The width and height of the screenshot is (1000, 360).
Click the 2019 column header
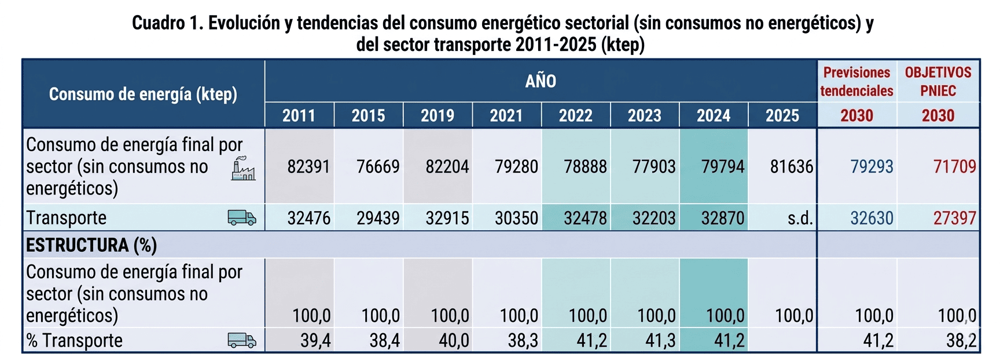coord(437,116)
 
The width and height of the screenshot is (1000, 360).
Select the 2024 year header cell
coord(714,116)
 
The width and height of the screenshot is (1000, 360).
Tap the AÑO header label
coord(541,82)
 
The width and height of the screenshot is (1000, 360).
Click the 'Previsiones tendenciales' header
coord(856,82)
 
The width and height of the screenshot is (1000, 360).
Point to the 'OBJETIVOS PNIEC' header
coord(938,82)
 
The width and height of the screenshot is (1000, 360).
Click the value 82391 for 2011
coord(308,167)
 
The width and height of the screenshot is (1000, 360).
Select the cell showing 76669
coord(378,167)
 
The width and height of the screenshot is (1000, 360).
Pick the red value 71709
coord(955,167)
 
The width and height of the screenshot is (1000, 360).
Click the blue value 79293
coord(872,167)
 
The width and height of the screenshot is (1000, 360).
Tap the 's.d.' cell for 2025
coord(800,218)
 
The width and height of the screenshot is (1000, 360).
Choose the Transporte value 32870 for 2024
coord(723,218)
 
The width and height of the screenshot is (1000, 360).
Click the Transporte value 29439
coord(378,218)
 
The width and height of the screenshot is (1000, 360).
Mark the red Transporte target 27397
coord(955,218)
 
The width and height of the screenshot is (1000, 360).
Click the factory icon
coord(243,168)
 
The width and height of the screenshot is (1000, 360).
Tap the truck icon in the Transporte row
coord(242,218)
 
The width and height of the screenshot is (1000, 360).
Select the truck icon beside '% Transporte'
coord(242,340)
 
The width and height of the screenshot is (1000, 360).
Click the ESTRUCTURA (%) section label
coord(91,245)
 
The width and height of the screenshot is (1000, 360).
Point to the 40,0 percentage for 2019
coord(454,341)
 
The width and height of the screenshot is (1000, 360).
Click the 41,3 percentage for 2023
coord(660,341)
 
